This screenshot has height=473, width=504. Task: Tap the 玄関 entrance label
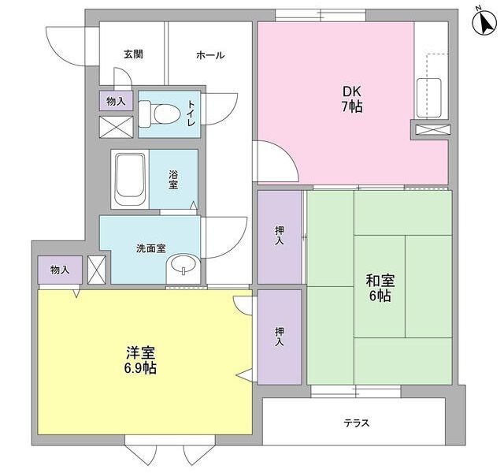click(133, 54)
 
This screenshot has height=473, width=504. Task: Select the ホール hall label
click(210, 54)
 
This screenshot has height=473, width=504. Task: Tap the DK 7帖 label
click(351, 99)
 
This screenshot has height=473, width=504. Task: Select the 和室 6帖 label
click(379, 288)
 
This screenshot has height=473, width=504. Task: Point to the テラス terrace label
click(356, 422)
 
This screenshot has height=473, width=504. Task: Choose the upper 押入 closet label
click(280, 236)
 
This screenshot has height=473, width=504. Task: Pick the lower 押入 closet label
click(280, 337)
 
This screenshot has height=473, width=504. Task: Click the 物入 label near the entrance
click(115, 100)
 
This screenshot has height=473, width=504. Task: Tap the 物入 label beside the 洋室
click(59, 270)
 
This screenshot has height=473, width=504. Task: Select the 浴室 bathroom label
click(172, 180)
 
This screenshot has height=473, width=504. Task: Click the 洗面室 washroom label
click(150, 248)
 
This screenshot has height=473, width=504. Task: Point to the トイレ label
click(190, 115)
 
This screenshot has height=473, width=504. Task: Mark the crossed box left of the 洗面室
click(97, 268)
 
